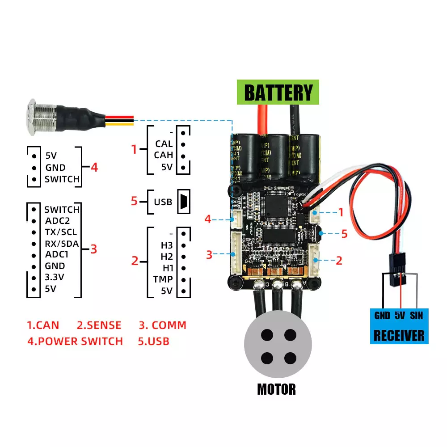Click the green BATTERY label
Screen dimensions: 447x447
click(278, 93)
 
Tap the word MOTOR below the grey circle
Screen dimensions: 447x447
click(276, 389)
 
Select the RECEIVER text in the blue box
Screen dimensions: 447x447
click(399, 335)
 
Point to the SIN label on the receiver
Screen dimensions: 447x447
click(416, 316)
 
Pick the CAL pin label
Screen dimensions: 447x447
click(164, 144)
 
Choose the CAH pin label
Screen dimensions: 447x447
click(164, 156)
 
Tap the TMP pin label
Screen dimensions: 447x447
click(163, 279)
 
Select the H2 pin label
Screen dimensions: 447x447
click(167, 257)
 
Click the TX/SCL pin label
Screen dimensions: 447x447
click(61, 232)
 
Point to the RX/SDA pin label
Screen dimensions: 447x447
click(62, 244)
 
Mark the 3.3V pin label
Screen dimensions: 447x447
click(55, 277)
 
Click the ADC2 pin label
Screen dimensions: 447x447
click(57, 220)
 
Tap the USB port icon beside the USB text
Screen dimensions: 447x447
click(184, 202)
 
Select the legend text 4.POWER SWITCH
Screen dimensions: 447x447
click(75, 342)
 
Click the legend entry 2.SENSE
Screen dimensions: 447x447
click(99, 325)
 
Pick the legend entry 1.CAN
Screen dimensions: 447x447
click(43, 325)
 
